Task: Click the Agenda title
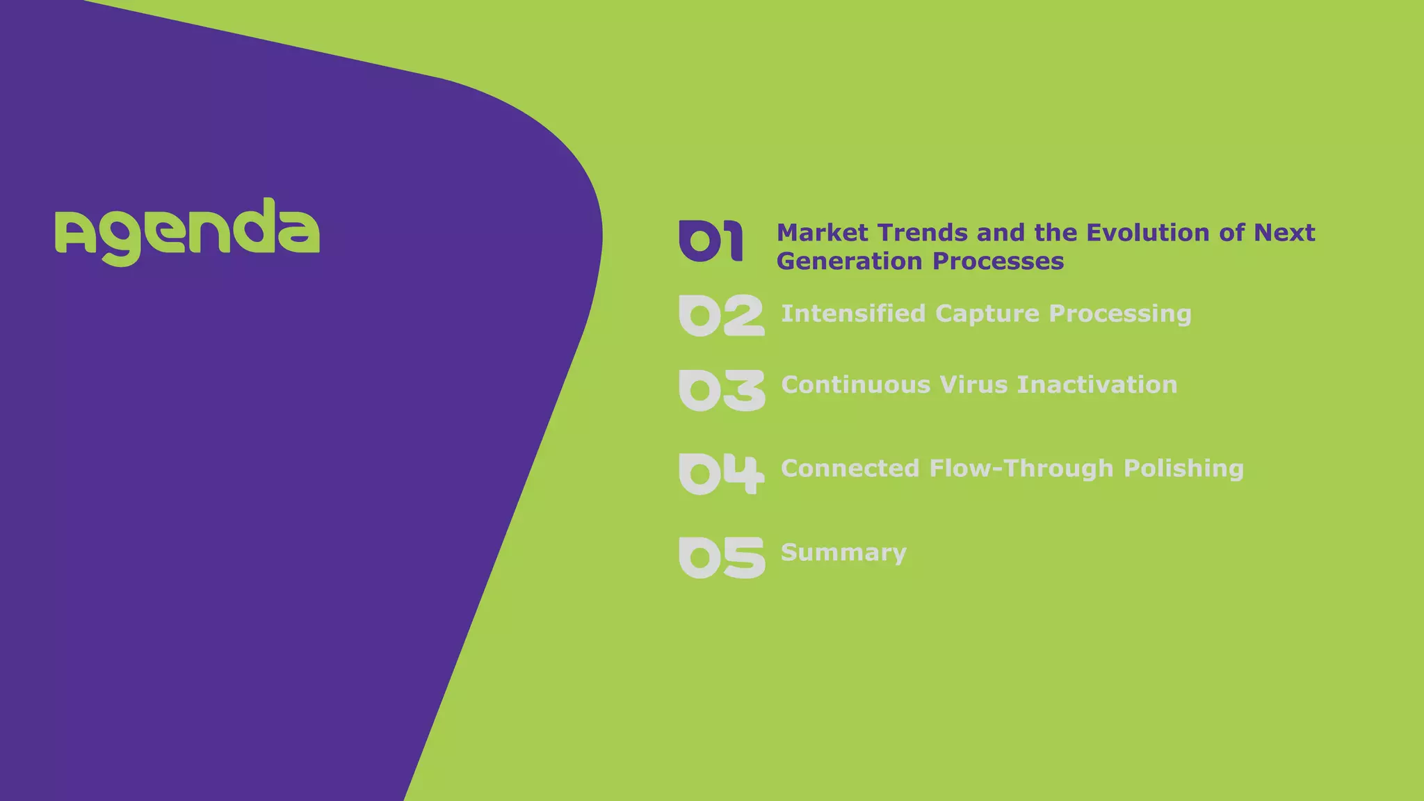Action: (187, 232)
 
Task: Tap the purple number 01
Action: (711, 241)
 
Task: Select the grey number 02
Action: (721, 316)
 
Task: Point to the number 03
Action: (721, 390)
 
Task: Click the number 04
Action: (721, 474)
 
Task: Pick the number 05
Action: (721, 557)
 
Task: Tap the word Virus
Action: (973, 385)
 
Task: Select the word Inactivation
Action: (1097, 385)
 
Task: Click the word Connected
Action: (850, 469)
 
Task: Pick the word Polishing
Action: (1183, 469)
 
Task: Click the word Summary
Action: (843, 553)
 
